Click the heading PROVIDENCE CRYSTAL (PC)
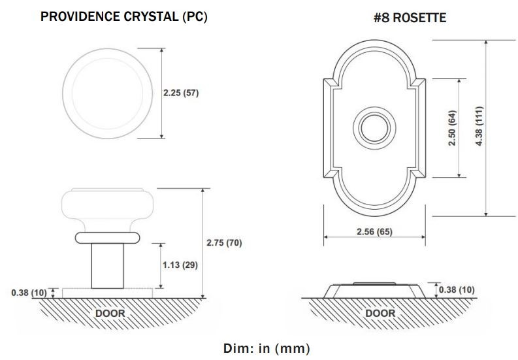124,16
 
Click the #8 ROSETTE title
410,18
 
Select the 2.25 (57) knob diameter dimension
181,93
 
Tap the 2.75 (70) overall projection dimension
224,243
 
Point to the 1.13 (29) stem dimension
180,265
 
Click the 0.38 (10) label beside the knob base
29,293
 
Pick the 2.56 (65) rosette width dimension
375,232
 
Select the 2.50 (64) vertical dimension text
452,128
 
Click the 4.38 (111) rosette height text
479,126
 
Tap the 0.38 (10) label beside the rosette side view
457,290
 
